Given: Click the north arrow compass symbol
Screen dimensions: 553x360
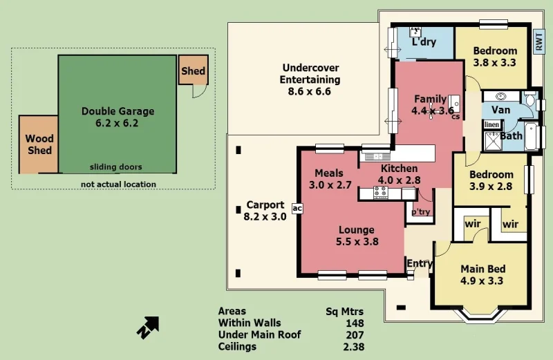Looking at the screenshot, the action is [x=147, y=328].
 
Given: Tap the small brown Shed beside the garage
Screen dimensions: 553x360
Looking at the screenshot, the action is [x=193, y=71].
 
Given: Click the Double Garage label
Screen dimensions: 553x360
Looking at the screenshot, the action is [x=118, y=117].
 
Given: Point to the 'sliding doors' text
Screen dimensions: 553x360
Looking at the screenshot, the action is [x=116, y=167].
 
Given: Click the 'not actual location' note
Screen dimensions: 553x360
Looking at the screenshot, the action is [x=118, y=184].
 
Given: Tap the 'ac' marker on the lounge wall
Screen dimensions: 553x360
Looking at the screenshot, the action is [x=297, y=207].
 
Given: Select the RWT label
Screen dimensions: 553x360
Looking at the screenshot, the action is [x=538, y=42].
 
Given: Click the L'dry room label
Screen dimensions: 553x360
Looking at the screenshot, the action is [x=424, y=42].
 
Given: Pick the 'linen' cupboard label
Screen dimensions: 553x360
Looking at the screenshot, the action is [x=491, y=124].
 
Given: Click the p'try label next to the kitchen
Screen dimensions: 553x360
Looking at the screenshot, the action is [x=421, y=212].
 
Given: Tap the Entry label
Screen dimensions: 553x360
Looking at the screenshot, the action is [x=420, y=263].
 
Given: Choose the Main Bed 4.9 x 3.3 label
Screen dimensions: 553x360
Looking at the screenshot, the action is [x=482, y=275].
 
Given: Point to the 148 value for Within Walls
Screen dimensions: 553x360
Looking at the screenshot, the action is [x=355, y=323].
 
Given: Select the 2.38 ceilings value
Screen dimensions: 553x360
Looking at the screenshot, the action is [x=353, y=347].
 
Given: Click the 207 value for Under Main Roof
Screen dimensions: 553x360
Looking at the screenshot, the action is [x=355, y=334].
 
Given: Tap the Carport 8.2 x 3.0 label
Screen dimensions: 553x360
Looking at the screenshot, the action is [x=265, y=211].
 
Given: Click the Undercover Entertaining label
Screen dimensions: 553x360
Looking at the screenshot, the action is [x=310, y=79].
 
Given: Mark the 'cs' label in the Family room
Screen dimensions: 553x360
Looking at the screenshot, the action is [x=456, y=117].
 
